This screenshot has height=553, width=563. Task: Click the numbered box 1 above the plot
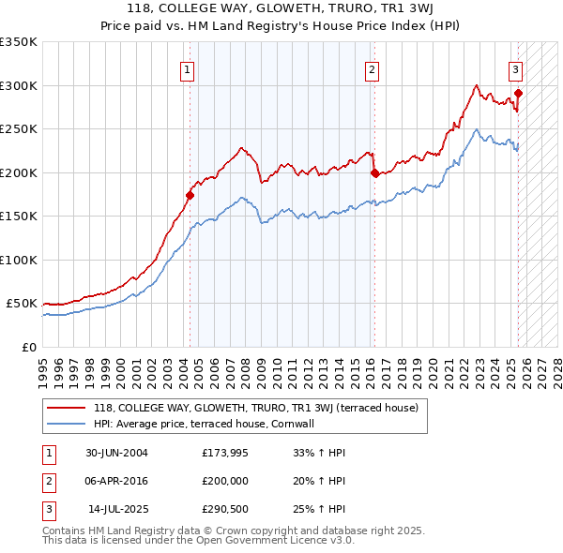tap(188, 69)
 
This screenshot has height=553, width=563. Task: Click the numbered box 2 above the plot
tap(373, 69)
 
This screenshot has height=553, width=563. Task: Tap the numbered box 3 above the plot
tap(516, 69)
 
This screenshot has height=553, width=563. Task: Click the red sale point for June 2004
tap(190, 196)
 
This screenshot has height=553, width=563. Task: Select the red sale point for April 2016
tap(374, 172)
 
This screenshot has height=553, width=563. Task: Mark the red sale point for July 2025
tap(519, 93)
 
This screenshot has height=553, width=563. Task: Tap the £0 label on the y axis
tap(28, 347)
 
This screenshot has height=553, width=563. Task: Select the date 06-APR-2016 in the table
tap(115, 479)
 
